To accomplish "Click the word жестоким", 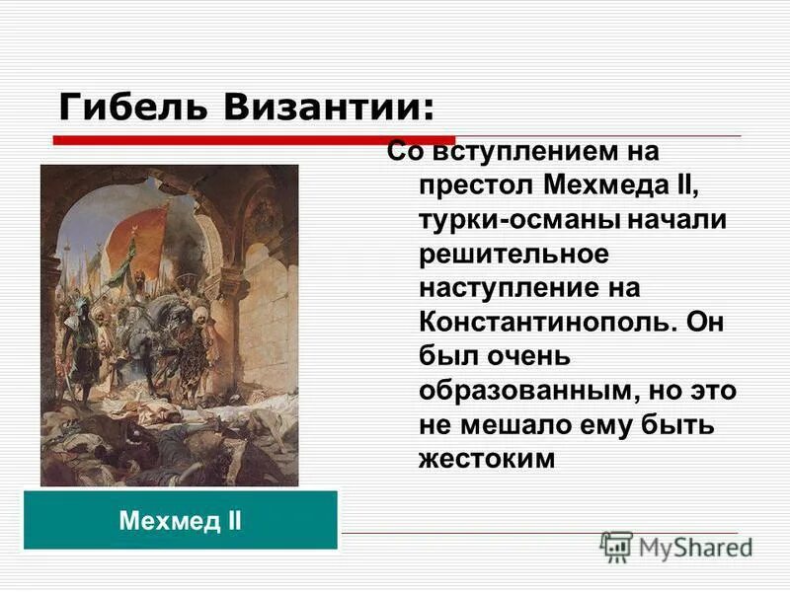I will click(x=482, y=459).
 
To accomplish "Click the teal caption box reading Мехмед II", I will click(x=181, y=520).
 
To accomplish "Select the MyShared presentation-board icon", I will click(x=616, y=547).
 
